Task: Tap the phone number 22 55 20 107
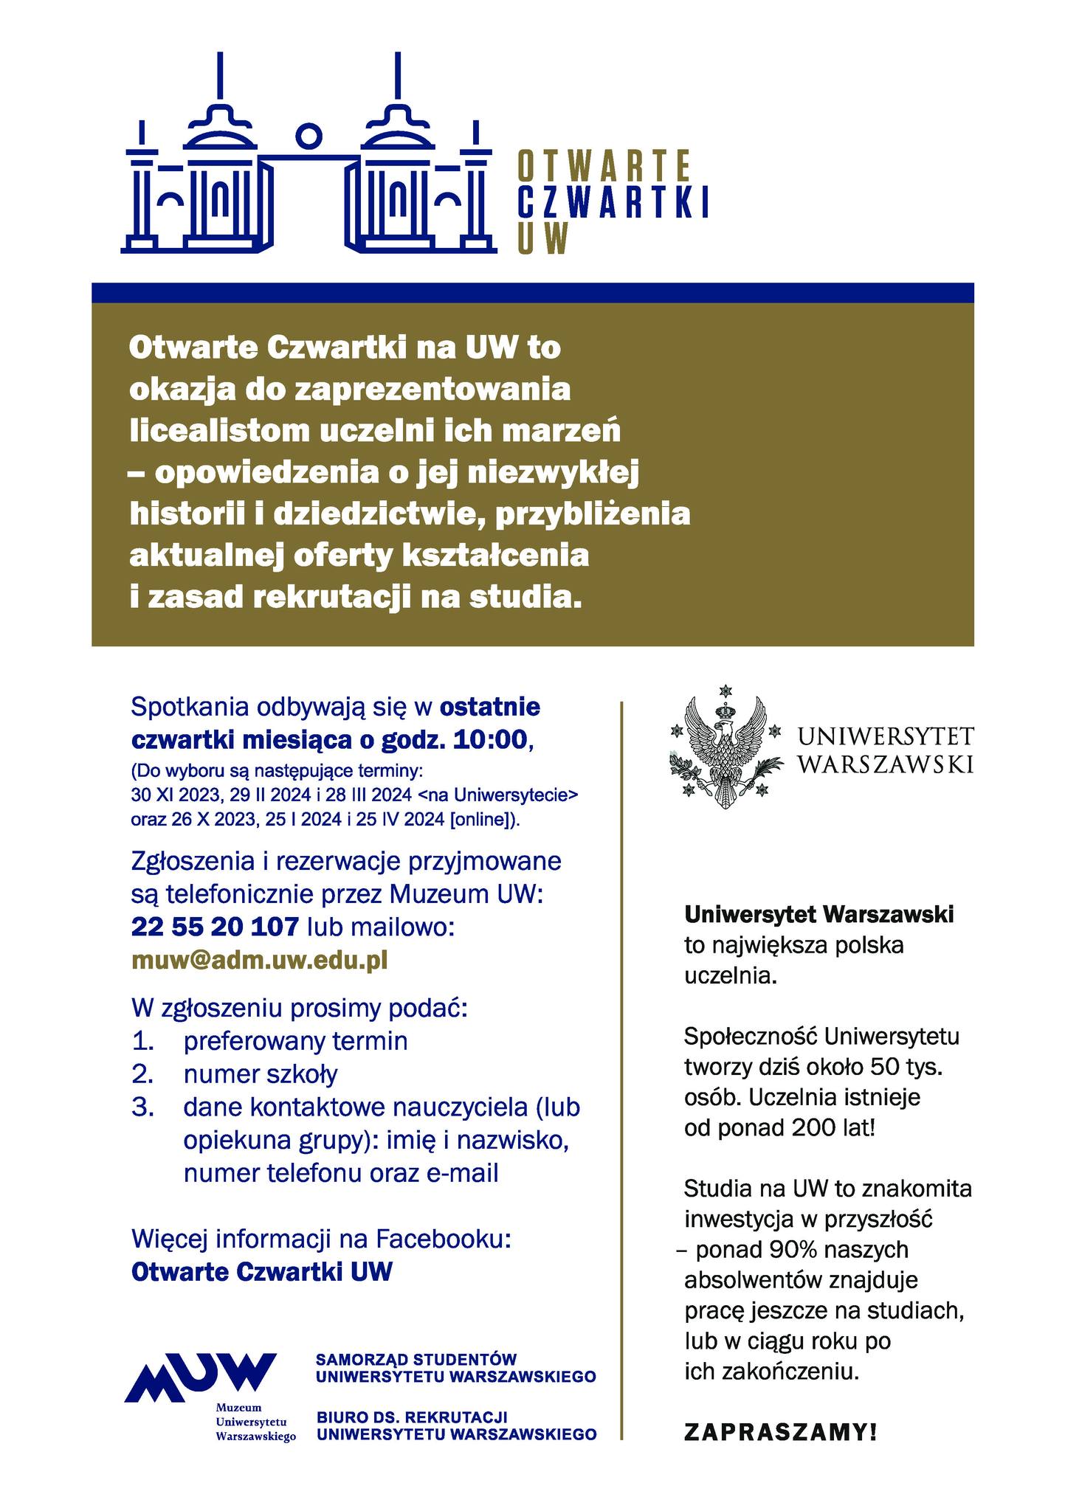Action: (215, 927)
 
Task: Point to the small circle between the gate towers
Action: (309, 135)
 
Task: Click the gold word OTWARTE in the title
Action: (604, 165)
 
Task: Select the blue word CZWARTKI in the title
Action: (613, 201)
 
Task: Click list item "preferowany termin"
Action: (295, 1041)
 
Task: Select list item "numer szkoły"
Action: (261, 1074)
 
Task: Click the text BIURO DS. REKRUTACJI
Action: (412, 1417)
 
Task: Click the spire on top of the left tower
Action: (219, 77)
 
